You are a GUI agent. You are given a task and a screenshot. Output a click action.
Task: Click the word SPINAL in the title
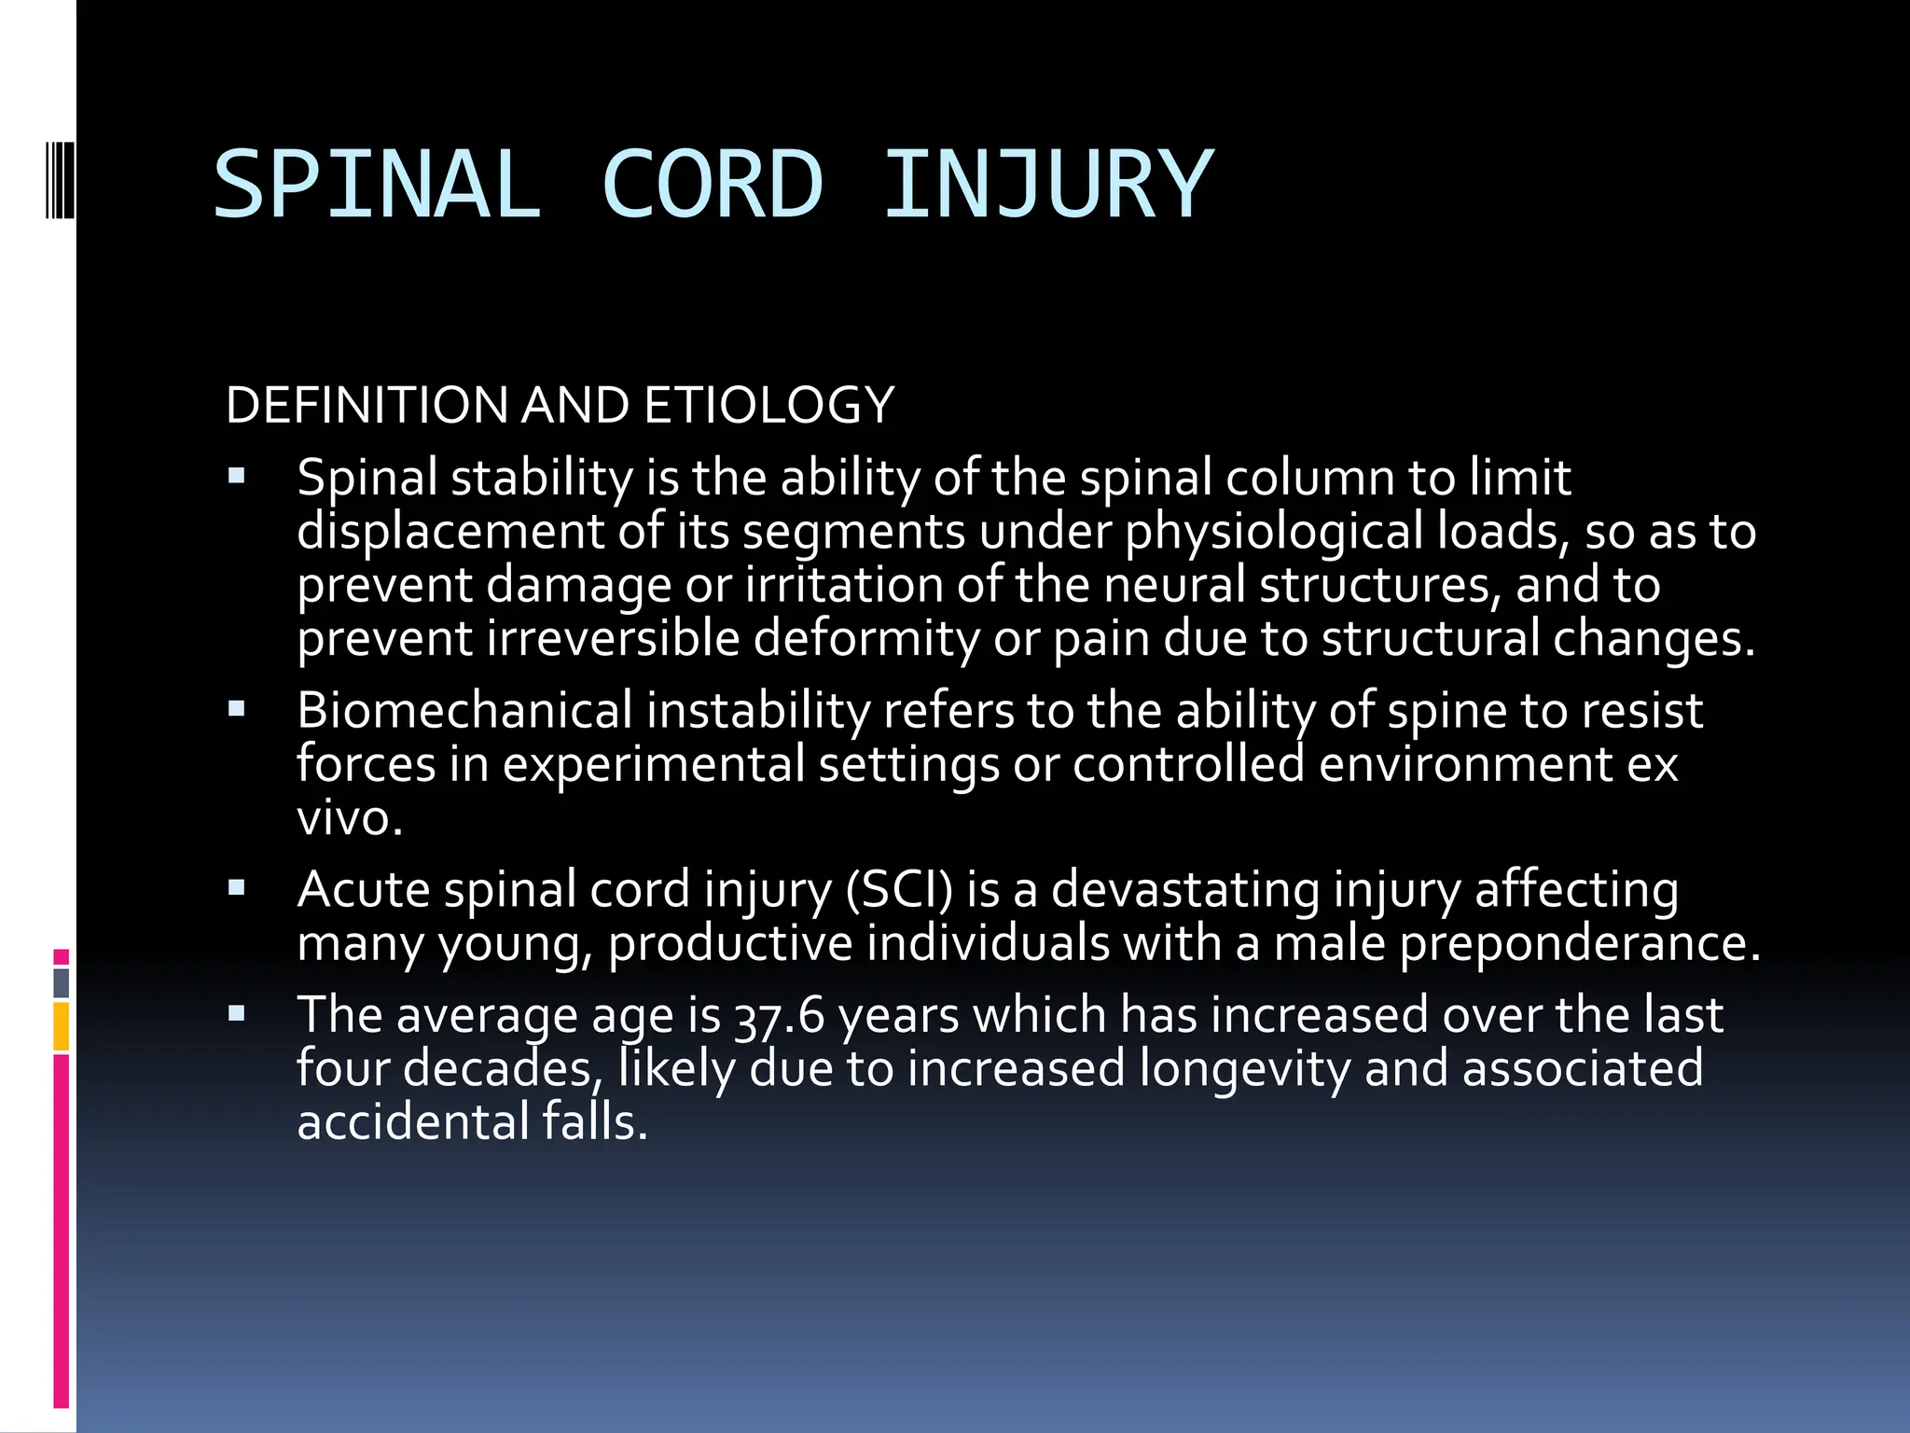coord(377,185)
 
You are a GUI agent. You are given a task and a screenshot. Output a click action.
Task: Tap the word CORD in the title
coord(713,185)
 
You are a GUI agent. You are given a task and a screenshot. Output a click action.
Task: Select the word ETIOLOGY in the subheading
coord(768,406)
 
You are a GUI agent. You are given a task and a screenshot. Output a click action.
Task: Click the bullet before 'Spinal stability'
coord(237,477)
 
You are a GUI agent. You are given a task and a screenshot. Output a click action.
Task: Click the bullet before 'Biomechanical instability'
coord(237,710)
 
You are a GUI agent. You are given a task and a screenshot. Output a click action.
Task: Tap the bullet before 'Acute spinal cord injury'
coord(237,888)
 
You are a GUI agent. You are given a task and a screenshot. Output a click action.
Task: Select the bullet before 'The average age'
coord(237,1013)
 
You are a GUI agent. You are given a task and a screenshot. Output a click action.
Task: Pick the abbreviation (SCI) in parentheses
coord(899,889)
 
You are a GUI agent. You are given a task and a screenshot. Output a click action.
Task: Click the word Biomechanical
coord(464,711)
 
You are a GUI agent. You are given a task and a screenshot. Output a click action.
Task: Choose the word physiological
coord(1274,532)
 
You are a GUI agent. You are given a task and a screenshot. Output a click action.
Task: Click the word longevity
coord(1244,1069)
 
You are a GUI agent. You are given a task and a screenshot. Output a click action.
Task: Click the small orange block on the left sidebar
coord(62,1026)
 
